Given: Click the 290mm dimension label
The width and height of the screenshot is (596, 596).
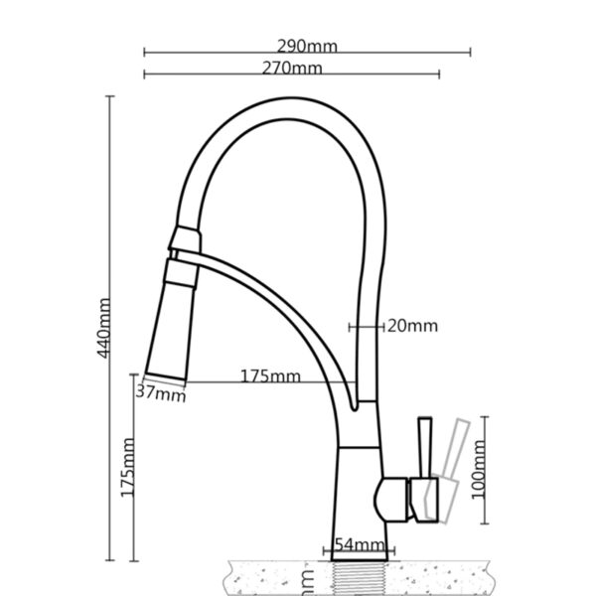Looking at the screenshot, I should (307, 46).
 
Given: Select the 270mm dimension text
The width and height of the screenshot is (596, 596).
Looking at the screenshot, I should (292, 68).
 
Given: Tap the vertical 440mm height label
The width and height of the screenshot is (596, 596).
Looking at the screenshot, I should (104, 329).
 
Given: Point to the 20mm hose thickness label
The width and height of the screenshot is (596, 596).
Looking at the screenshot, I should (410, 325).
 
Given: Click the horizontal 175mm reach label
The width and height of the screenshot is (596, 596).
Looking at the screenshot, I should (269, 376).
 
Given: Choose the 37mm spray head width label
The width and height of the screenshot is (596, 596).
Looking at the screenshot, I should (161, 393).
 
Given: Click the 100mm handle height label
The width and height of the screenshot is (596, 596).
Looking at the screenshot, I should (480, 471).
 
